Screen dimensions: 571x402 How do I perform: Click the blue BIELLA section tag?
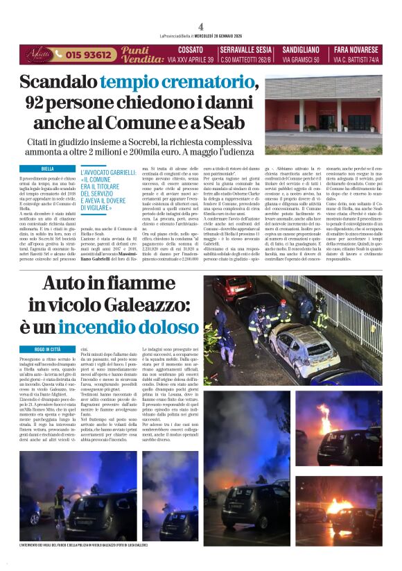tap(48, 169)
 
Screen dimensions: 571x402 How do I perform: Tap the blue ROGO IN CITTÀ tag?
tap(48, 349)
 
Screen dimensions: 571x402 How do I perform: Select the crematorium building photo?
tap(322, 114)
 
